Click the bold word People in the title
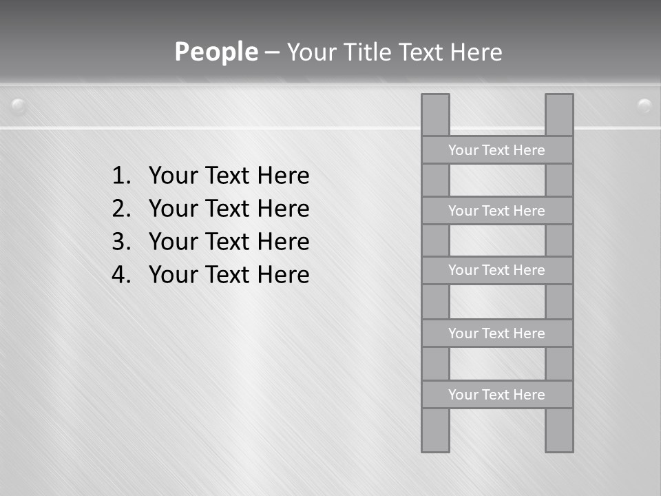(216, 52)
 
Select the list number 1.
(120, 176)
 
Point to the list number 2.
(120, 209)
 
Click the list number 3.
(120, 242)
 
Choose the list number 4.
(120, 275)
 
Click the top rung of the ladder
(496, 150)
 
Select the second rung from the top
(496, 211)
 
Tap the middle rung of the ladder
(496, 270)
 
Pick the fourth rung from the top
(496, 333)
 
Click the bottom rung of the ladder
(496, 395)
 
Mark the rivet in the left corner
(19, 105)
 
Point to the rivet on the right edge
(644, 105)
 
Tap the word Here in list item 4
(283, 275)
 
